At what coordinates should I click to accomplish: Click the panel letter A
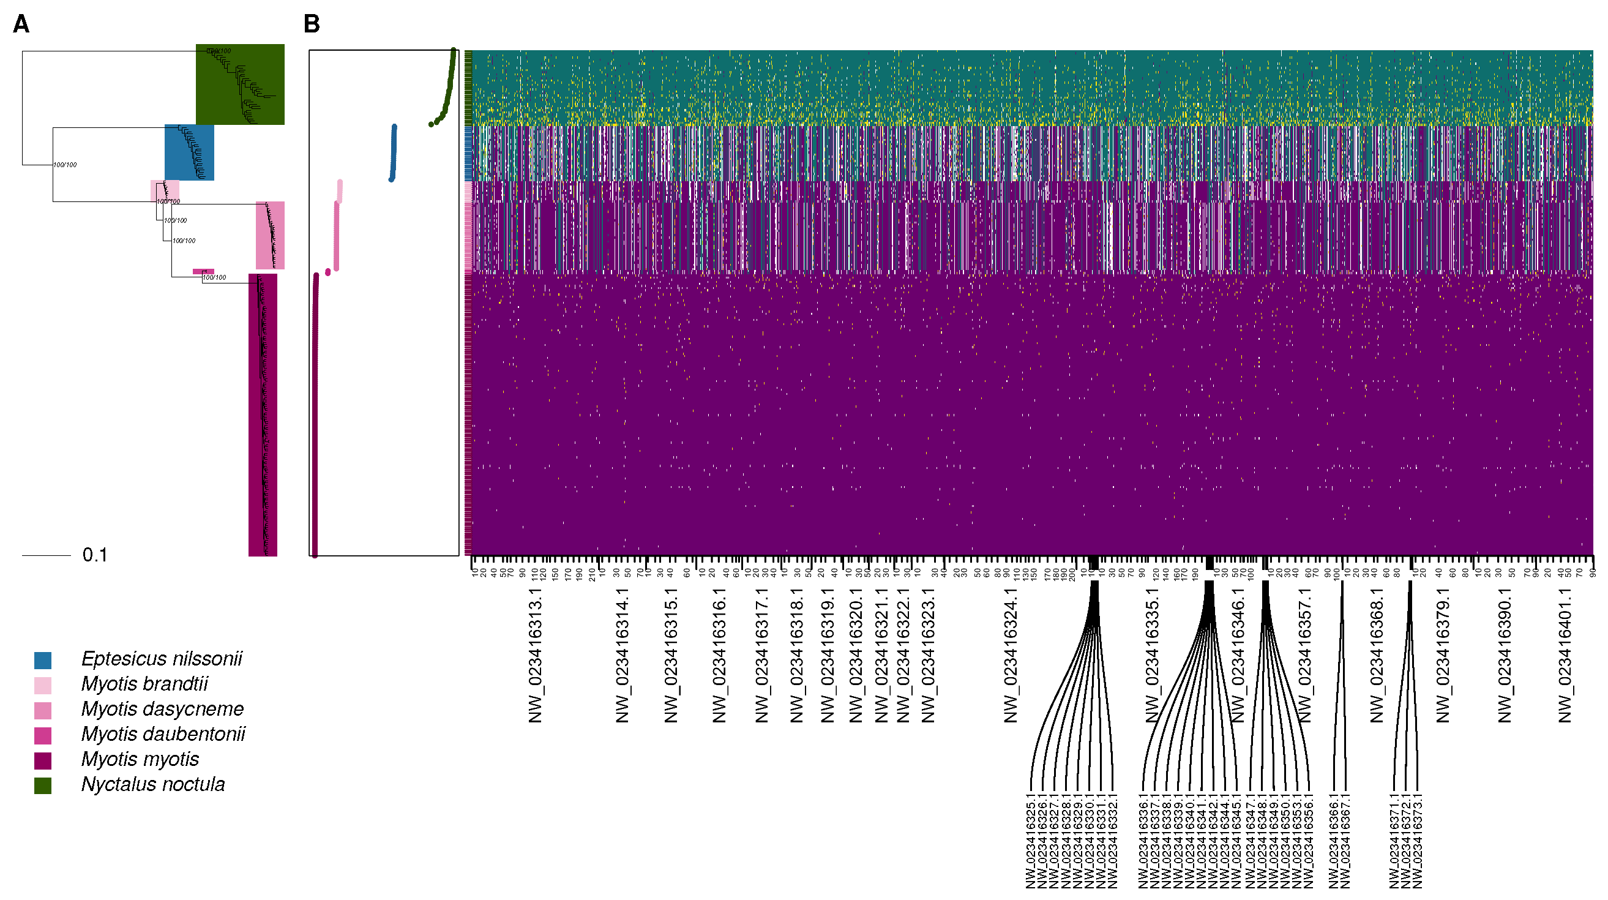(21, 24)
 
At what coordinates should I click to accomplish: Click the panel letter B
(312, 24)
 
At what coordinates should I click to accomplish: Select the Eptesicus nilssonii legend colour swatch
(43, 660)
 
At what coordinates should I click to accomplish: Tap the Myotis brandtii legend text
(144, 684)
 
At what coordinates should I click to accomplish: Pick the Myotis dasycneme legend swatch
(43, 710)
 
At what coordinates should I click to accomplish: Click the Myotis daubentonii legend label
(163, 734)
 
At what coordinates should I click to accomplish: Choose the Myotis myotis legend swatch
(43, 760)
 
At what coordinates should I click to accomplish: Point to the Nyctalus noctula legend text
(153, 784)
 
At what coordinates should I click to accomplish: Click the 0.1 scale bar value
(95, 555)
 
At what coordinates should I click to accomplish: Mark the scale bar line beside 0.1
(46, 555)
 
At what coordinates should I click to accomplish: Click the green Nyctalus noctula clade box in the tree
(241, 84)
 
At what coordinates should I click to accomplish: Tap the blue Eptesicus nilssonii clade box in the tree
(189, 152)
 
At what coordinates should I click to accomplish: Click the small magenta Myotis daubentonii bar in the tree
(203, 271)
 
